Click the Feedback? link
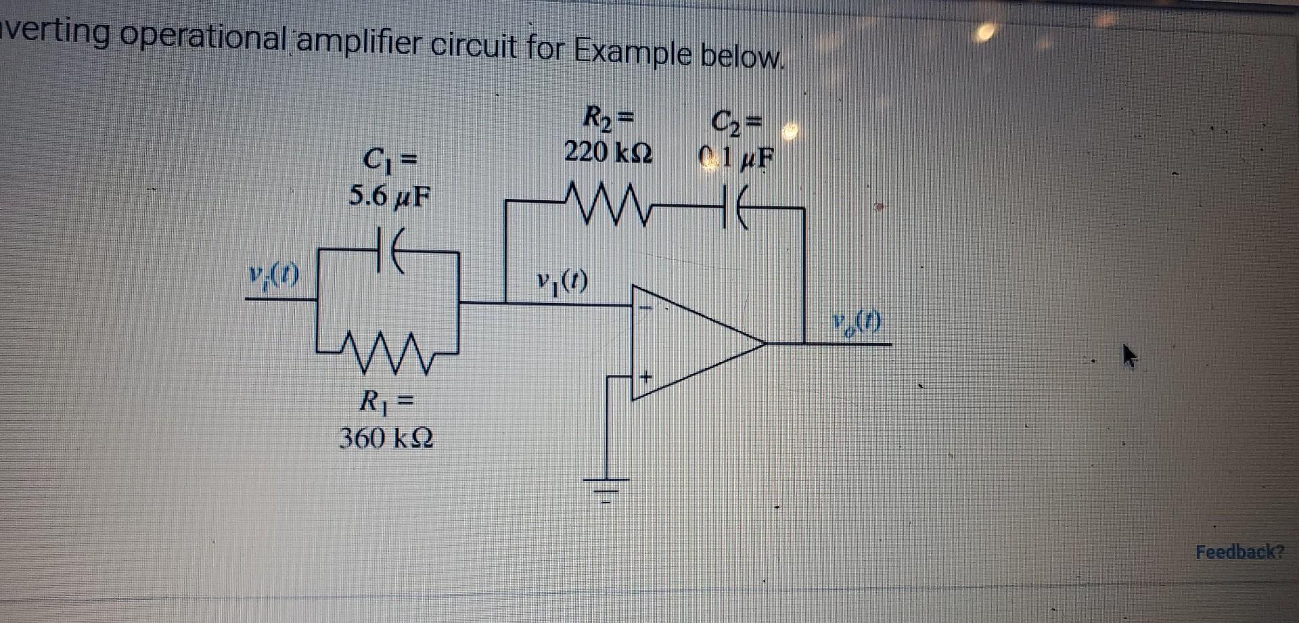[1239, 552]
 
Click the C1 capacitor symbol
[388, 250]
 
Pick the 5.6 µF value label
[388, 195]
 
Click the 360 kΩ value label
[387, 439]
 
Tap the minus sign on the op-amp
[645, 308]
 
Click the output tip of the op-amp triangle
[765, 344]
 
